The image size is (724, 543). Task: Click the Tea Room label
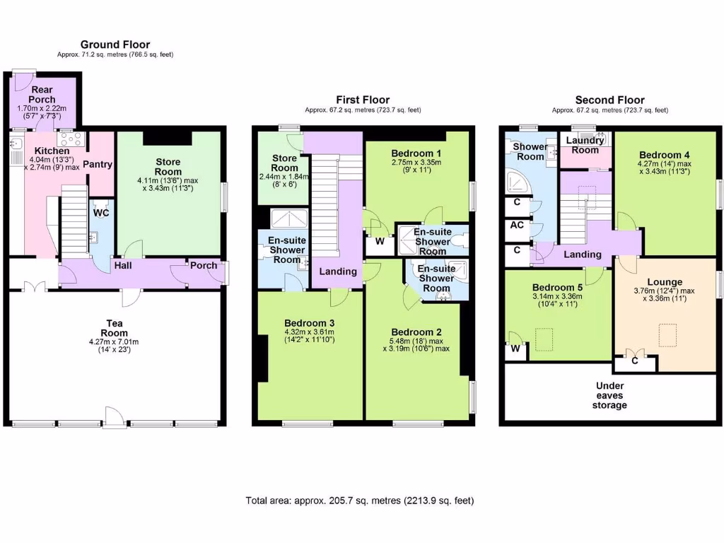[114, 328]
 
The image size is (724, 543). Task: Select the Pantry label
[98, 164]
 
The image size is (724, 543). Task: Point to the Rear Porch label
[42, 95]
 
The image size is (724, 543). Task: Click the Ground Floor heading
[115, 45]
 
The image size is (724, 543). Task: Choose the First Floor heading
[362, 100]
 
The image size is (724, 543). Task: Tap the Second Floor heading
[609, 100]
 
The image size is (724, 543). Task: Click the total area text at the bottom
[359, 501]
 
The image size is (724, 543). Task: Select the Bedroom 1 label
[417, 153]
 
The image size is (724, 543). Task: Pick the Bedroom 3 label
[309, 323]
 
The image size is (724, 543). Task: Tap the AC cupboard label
[516, 226]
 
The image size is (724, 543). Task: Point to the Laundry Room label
[585, 145]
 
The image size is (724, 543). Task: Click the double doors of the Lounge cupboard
[634, 353]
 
